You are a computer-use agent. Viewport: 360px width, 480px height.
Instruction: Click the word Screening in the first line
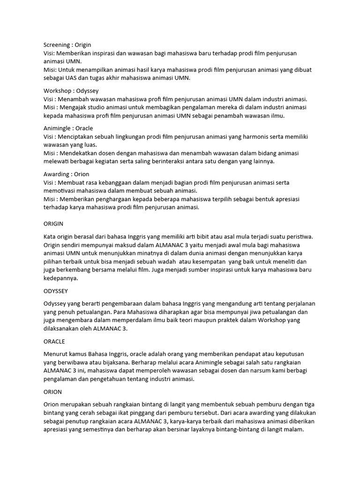coord(57,45)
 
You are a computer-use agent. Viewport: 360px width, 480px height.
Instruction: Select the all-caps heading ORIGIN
coord(53,224)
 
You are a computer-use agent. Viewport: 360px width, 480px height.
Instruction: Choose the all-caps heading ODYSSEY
coord(56,291)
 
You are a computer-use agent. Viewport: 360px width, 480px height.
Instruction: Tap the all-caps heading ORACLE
coord(54,341)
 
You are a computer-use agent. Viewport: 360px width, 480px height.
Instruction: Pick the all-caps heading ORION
coord(52,391)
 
